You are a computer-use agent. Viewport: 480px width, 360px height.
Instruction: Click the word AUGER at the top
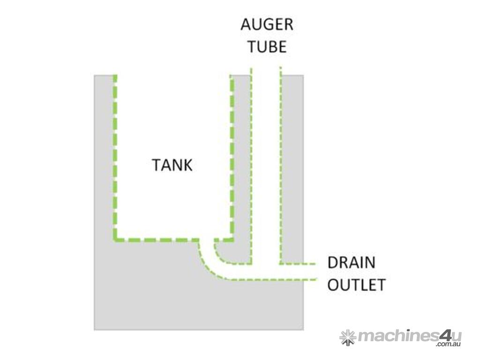(x=267, y=25)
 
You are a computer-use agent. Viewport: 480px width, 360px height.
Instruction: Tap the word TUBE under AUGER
(x=267, y=47)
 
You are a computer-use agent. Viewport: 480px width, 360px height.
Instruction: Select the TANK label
(x=172, y=165)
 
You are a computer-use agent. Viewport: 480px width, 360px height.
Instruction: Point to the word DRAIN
(x=352, y=262)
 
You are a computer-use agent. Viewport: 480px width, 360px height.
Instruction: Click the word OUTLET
(x=356, y=285)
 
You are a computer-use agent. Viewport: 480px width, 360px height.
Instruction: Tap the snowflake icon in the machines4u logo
(x=347, y=337)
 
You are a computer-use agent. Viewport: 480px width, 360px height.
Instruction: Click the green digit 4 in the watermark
(x=443, y=336)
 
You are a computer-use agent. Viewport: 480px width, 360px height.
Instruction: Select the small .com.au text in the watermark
(x=449, y=345)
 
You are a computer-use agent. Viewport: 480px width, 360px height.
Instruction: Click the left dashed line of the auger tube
(x=252, y=164)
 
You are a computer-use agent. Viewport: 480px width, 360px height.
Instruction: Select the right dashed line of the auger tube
(x=280, y=164)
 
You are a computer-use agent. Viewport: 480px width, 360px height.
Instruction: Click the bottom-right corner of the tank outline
(x=232, y=239)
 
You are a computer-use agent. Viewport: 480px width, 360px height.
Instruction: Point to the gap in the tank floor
(x=207, y=240)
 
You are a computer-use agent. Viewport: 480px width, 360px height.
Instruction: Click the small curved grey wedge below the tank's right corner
(x=230, y=253)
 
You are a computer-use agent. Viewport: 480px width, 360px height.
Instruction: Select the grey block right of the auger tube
(x=292, y=164)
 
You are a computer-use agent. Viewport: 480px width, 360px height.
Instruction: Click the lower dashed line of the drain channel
(x=272, y=280)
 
